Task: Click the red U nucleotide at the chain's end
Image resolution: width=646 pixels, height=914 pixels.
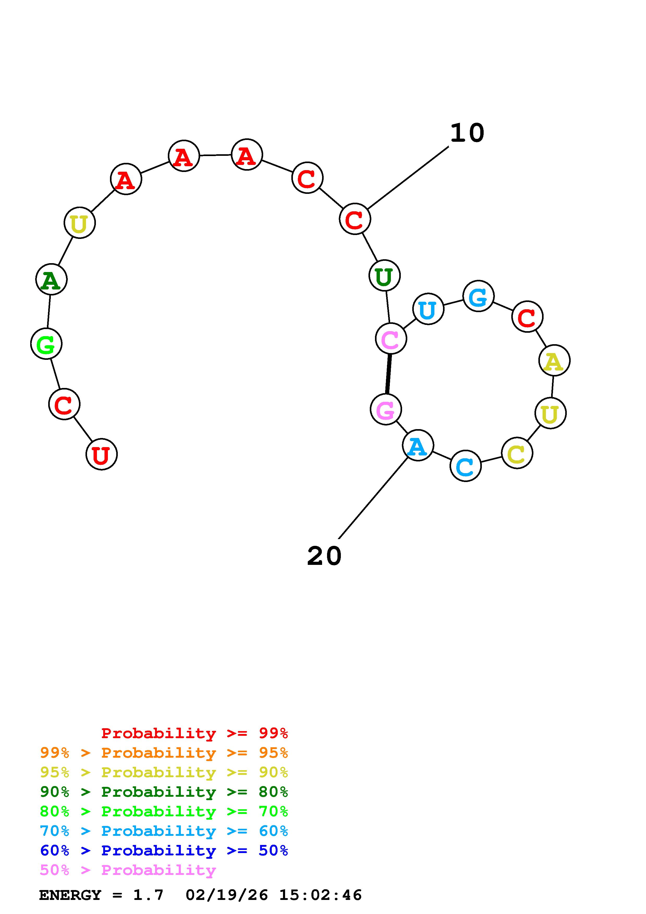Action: (x=101, y=454)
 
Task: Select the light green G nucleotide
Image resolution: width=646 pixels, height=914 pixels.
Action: (x=46, y=344)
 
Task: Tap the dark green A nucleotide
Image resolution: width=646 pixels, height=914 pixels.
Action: (x=51, y=280)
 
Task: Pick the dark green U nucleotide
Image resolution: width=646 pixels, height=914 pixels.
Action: (x=384, y=275)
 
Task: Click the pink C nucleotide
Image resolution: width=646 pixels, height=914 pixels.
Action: (x=391, y=339)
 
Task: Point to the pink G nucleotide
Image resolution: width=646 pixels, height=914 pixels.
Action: (x=386, y=409)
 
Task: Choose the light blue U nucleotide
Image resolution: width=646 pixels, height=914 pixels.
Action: (x=428, y=309)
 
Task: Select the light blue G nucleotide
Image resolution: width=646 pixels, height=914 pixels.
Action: (x=478, y=296)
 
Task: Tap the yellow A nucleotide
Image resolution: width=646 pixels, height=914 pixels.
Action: (x=554, y=361)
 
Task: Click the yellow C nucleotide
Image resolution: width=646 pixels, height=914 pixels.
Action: (x=517, y=453)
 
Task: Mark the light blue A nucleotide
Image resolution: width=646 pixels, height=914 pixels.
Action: (x=417, y=446)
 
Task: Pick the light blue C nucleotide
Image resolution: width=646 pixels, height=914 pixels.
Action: (x=465, y=466)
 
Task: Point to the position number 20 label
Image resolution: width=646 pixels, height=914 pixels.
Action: (x=324, y=556)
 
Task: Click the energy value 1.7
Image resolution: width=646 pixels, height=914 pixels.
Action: (x=148, y=895)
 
